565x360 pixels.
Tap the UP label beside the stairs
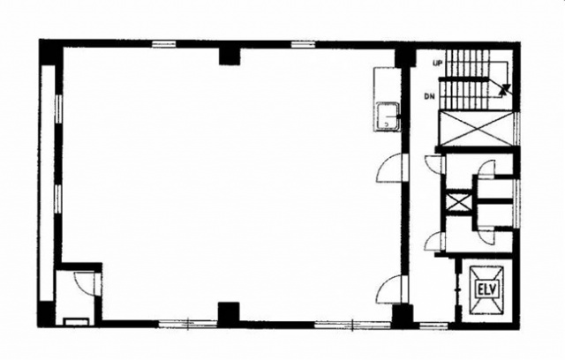coord(438,64)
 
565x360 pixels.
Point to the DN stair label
coord(430,96)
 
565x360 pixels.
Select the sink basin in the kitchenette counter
coord(388,116)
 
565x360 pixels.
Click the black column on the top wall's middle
coord(230,56)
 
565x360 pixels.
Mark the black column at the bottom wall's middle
coord(229,311)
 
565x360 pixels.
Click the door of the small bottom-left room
coord(85,283)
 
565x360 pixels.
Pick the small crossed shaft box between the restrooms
coord(458,202)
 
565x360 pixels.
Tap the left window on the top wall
coord(163,44)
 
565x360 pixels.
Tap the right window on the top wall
coord(303,44)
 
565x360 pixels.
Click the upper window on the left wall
coord(58,109)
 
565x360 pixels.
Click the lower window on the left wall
coord(58,199)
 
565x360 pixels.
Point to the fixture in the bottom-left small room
coord(76,321)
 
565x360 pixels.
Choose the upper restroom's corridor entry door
coord(433,164)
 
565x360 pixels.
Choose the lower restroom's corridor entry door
coord(433,242)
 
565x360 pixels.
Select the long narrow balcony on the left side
coord(48,183)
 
